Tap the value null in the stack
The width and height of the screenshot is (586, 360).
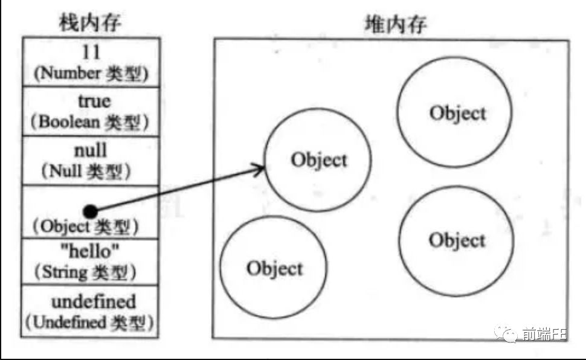click(90, 149)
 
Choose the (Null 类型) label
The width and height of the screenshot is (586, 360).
click(90, 171)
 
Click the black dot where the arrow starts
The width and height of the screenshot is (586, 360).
click(91, 211)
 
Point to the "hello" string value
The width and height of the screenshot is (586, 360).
click(91, 250)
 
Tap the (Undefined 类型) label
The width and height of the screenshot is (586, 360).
click(90, 322)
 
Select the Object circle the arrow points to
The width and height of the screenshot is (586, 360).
click(319, 161)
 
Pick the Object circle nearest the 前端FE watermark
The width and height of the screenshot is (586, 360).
click(457, 240)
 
